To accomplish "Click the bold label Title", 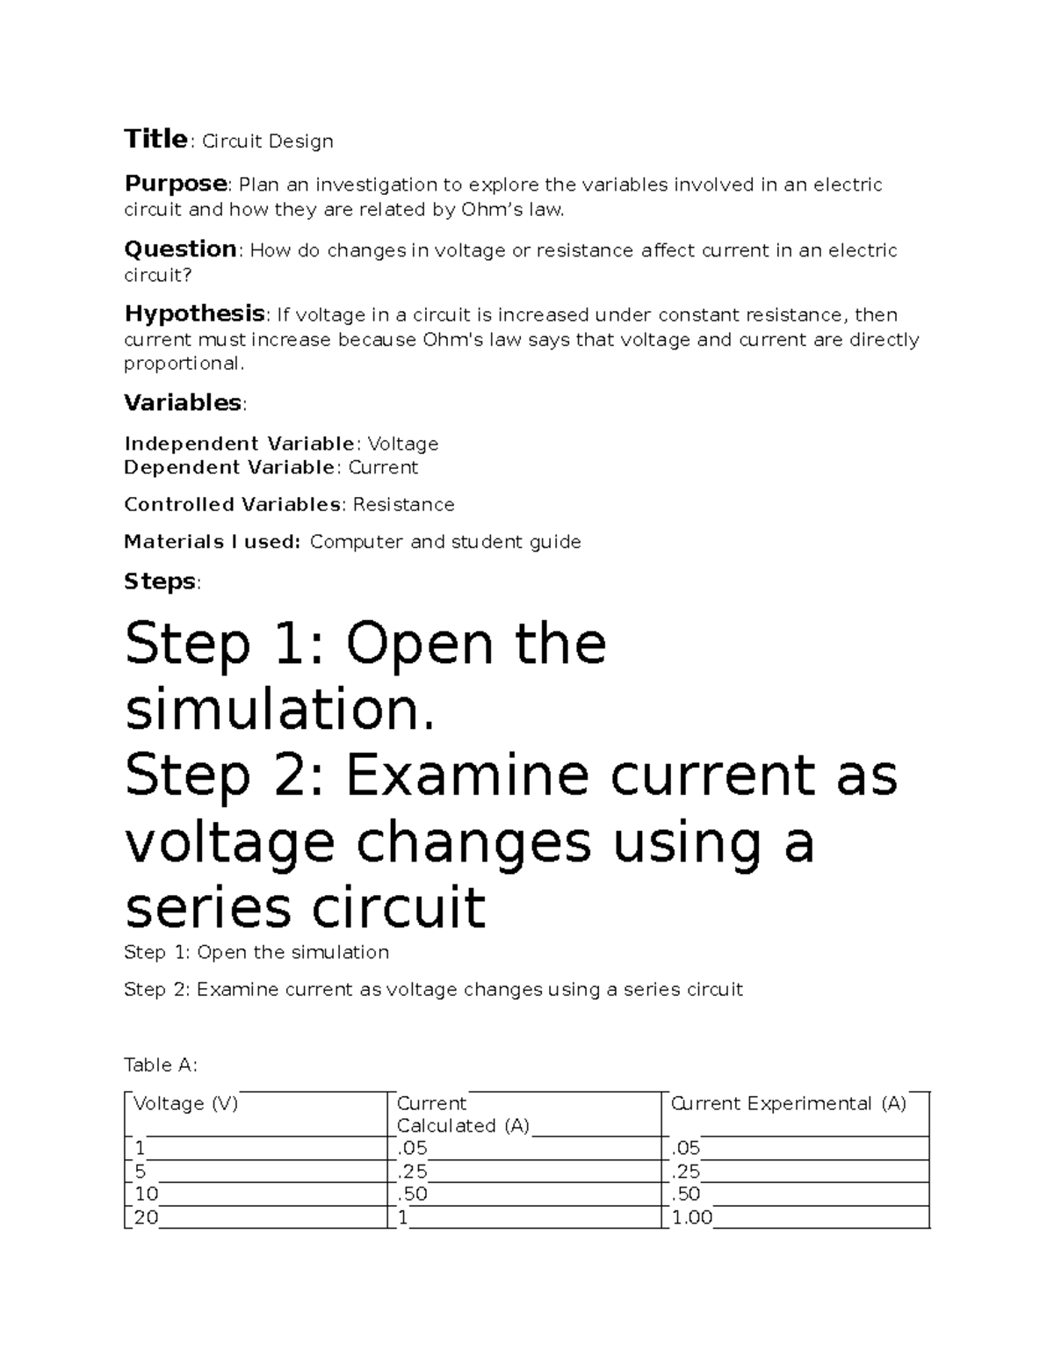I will (155, 140).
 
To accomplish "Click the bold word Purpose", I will (176, 184).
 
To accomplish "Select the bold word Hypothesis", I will (194, 314).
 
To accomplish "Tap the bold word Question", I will (180, 249).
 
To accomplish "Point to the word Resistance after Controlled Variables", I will (403, 504).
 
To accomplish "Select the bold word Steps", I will (160, 581).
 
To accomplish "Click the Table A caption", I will (161, 1064).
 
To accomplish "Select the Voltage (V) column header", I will (186, 1104).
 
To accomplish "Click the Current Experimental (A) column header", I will (788, 1104).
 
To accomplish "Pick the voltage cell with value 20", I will (146, 1217).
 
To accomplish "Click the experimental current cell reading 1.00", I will (691, 1217).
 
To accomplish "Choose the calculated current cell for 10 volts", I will (412, 1194).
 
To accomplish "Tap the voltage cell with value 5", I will (140, 1172).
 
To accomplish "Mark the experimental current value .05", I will (685, 1149).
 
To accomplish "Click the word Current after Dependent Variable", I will (383, 467).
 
